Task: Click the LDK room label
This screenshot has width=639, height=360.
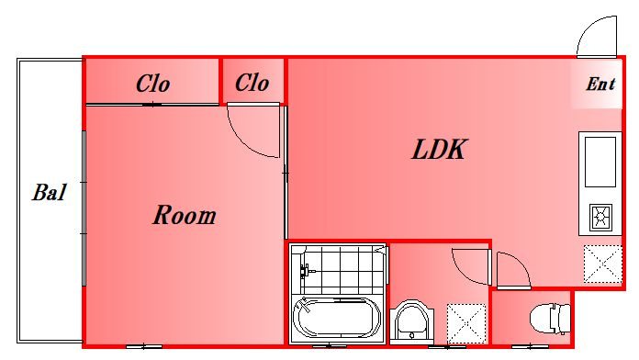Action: coord(439,149)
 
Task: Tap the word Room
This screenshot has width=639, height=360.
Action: coord(185,215)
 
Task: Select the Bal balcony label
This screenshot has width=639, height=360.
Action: coord(49,192)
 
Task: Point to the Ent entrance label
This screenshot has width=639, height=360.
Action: coord(600,84)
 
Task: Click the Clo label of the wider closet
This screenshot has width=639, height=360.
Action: coord(152,84)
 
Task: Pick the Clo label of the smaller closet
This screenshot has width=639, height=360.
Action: coord(252,83)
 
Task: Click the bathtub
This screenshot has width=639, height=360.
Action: coord(337,318)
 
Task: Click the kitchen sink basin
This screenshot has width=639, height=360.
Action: coord(600,162)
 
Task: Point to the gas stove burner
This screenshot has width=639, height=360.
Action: coord(600,217)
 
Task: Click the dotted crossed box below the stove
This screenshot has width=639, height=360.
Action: coord(603,264)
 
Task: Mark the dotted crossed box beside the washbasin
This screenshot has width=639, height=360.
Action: coord(466,323)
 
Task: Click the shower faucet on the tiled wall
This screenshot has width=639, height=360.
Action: coord(305,270)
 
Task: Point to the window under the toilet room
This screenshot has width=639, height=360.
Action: coord(530,347)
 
